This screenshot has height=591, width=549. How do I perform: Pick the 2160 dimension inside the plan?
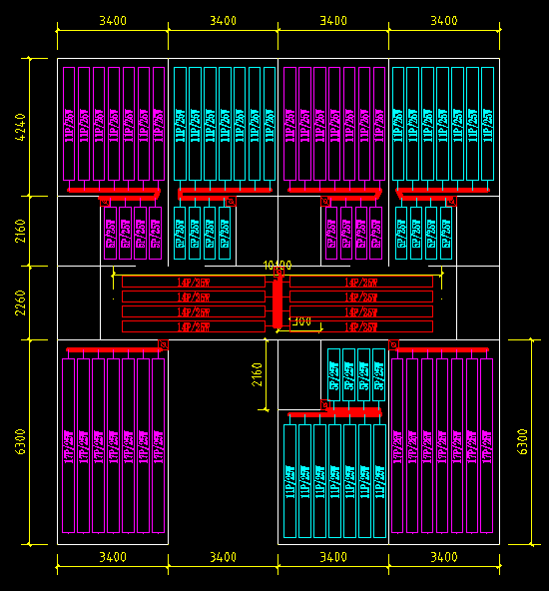(257, 374)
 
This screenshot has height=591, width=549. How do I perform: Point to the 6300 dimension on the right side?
(521, 442)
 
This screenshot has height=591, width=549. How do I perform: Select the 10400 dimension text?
(276, 266)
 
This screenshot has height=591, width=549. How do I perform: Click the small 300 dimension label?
(300, 321)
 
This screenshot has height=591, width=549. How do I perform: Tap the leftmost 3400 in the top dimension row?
(112, 21)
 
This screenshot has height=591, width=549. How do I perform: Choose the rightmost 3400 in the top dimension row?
(443, 21)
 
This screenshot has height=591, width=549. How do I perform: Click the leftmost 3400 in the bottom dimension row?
(112, 556)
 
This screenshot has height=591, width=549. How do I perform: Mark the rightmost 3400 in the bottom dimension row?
(443, 556)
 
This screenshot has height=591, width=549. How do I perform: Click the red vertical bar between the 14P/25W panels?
(277, 302)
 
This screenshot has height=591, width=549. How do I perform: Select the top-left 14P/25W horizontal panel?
(194, 283)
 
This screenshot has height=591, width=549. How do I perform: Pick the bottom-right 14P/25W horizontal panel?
(361, 326)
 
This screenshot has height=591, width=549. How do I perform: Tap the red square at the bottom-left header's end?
(163, 345)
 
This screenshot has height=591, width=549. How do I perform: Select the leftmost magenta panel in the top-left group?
(69, 125)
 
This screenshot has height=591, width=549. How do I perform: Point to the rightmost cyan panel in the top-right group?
(487, 125)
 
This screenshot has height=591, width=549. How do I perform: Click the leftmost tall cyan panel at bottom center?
(290, 481)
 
